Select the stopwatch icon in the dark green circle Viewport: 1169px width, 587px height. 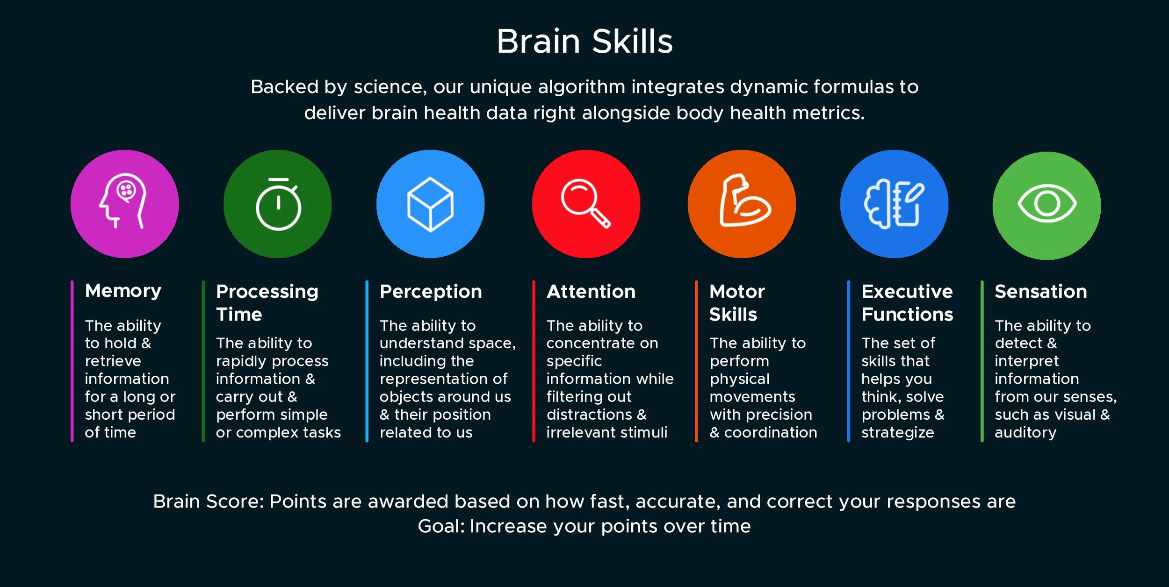point(278,204)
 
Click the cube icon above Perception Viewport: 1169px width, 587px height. point(430,204)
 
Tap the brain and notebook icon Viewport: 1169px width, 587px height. point(894,204)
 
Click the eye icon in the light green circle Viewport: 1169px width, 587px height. point(1047,204)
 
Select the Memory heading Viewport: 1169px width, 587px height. point(123,291)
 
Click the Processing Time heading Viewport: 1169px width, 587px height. point(267,302)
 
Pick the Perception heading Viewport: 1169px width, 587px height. point(431,292)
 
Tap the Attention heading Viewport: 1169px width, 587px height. point(591,292)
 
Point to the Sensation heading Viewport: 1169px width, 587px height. point(1041,292)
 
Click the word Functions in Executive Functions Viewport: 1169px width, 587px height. point(907,315)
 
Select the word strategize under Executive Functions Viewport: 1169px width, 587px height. point(898,433)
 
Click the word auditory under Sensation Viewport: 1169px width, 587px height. point(1025,433)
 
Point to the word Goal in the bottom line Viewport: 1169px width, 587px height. point(440,526)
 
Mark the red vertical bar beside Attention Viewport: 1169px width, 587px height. point(534,361)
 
